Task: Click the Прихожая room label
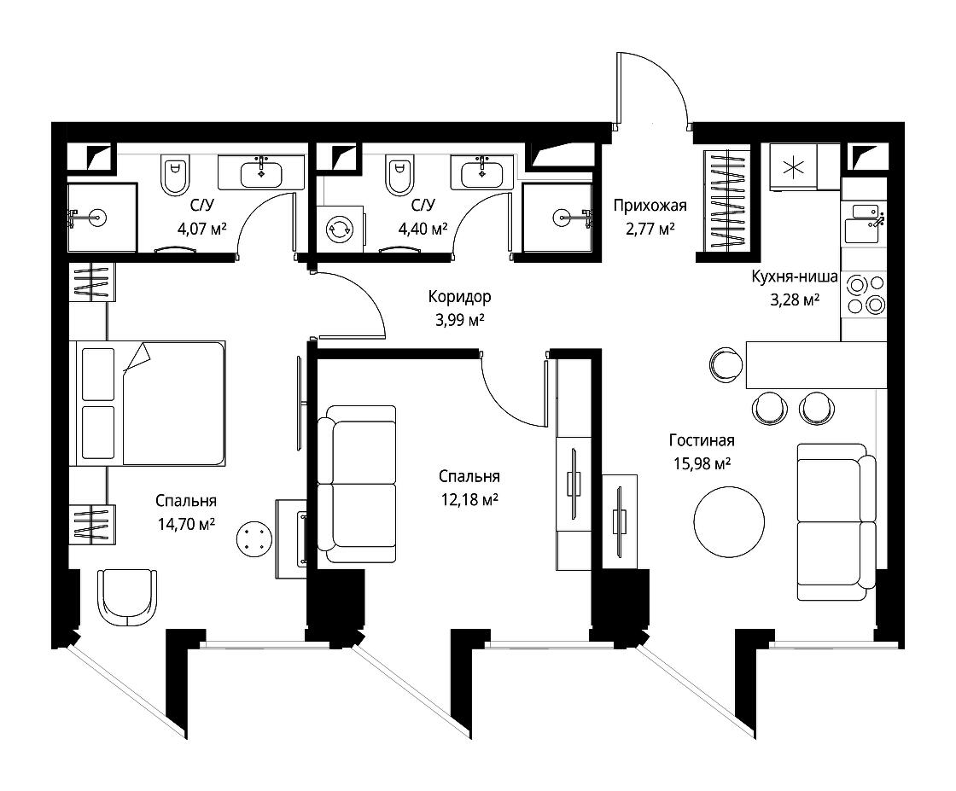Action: (x=650, y=206)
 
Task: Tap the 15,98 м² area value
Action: (x=702, y=463)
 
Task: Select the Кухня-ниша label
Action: (x=795, y=276)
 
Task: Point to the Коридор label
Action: (x=459, y=297)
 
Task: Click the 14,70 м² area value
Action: (x=186, y=524)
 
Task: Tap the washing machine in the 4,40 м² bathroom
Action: (x=340, y=230)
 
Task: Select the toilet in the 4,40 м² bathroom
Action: (x=400, y=173)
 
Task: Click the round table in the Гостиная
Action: (x=729, y=521)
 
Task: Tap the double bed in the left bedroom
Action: (x=148, y=404)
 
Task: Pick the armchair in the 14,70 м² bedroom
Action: (x=127, y=598)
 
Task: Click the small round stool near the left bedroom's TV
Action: (x=254, y=539)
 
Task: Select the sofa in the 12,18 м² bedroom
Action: (x=358, y=484)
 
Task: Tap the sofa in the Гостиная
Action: (x=836, y=521)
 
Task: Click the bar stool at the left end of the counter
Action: (x=726, y=365)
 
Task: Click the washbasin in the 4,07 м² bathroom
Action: (x=261, y=173)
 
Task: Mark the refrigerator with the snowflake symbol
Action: (x=793, y=167)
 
